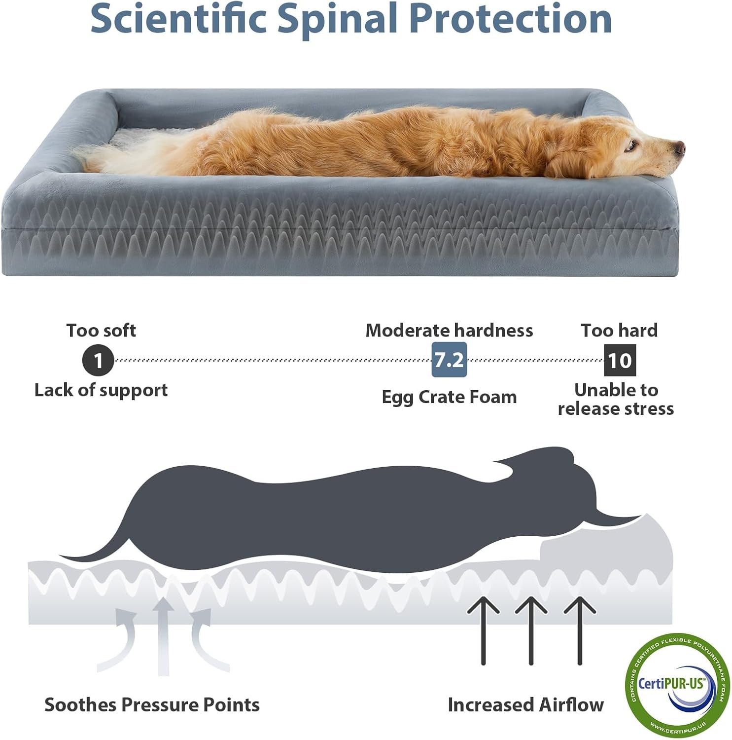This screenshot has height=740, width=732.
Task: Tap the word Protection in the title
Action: click(x=510, y=18)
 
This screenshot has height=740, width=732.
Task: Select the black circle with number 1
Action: click(x=98, y=360)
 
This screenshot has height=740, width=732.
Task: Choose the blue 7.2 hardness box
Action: click(x=449, y=360)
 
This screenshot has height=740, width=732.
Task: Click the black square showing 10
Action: click(x=620, y=360)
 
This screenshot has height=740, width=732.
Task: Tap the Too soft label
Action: click(x=101, y=330)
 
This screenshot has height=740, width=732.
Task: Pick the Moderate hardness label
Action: click(x=449, y=330)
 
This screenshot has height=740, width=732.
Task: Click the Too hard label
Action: click(x=619, y=330)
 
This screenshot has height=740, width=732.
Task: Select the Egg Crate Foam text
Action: click(x=449, y=397)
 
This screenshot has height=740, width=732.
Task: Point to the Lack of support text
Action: click(x=101, y=390)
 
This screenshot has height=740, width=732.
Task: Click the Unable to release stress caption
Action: click(x=616, y=399)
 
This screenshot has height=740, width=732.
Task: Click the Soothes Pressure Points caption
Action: click(x=152, y=704)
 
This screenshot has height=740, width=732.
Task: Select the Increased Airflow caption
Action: click(x=525, y=704)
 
